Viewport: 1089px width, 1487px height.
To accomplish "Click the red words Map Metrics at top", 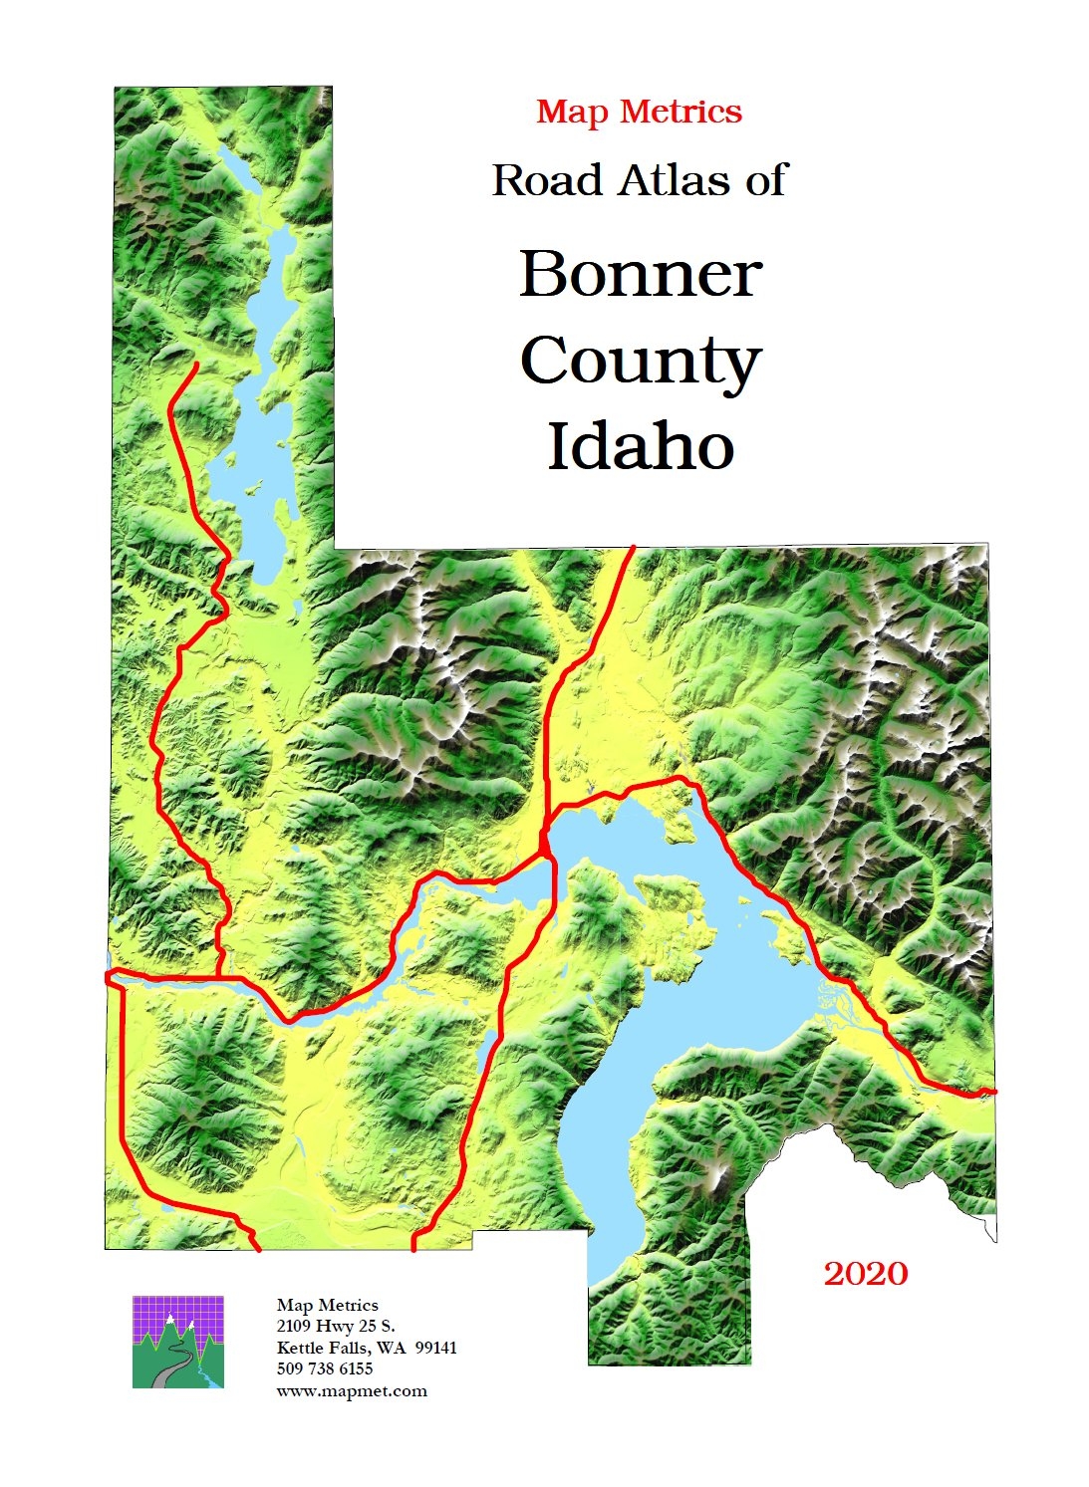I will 639,112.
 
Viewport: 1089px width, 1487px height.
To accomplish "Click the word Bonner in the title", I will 641,274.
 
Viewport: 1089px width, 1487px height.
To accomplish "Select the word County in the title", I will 641,363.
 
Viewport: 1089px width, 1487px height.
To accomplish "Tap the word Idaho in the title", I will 641,447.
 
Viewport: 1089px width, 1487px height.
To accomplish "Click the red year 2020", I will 866,1274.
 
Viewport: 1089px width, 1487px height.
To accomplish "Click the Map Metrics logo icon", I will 177,1342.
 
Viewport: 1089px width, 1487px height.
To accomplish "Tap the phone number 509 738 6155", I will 325,1369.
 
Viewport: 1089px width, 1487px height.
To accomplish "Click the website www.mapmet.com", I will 352,1391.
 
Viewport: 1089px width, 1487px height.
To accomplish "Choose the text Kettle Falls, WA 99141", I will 367,1348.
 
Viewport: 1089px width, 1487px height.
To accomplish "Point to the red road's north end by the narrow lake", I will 196,366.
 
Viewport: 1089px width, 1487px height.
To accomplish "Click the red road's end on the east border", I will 993,1092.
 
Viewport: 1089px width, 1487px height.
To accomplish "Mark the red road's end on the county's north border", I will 633,548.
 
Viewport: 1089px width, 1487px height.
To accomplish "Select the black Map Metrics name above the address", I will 328,1305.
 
